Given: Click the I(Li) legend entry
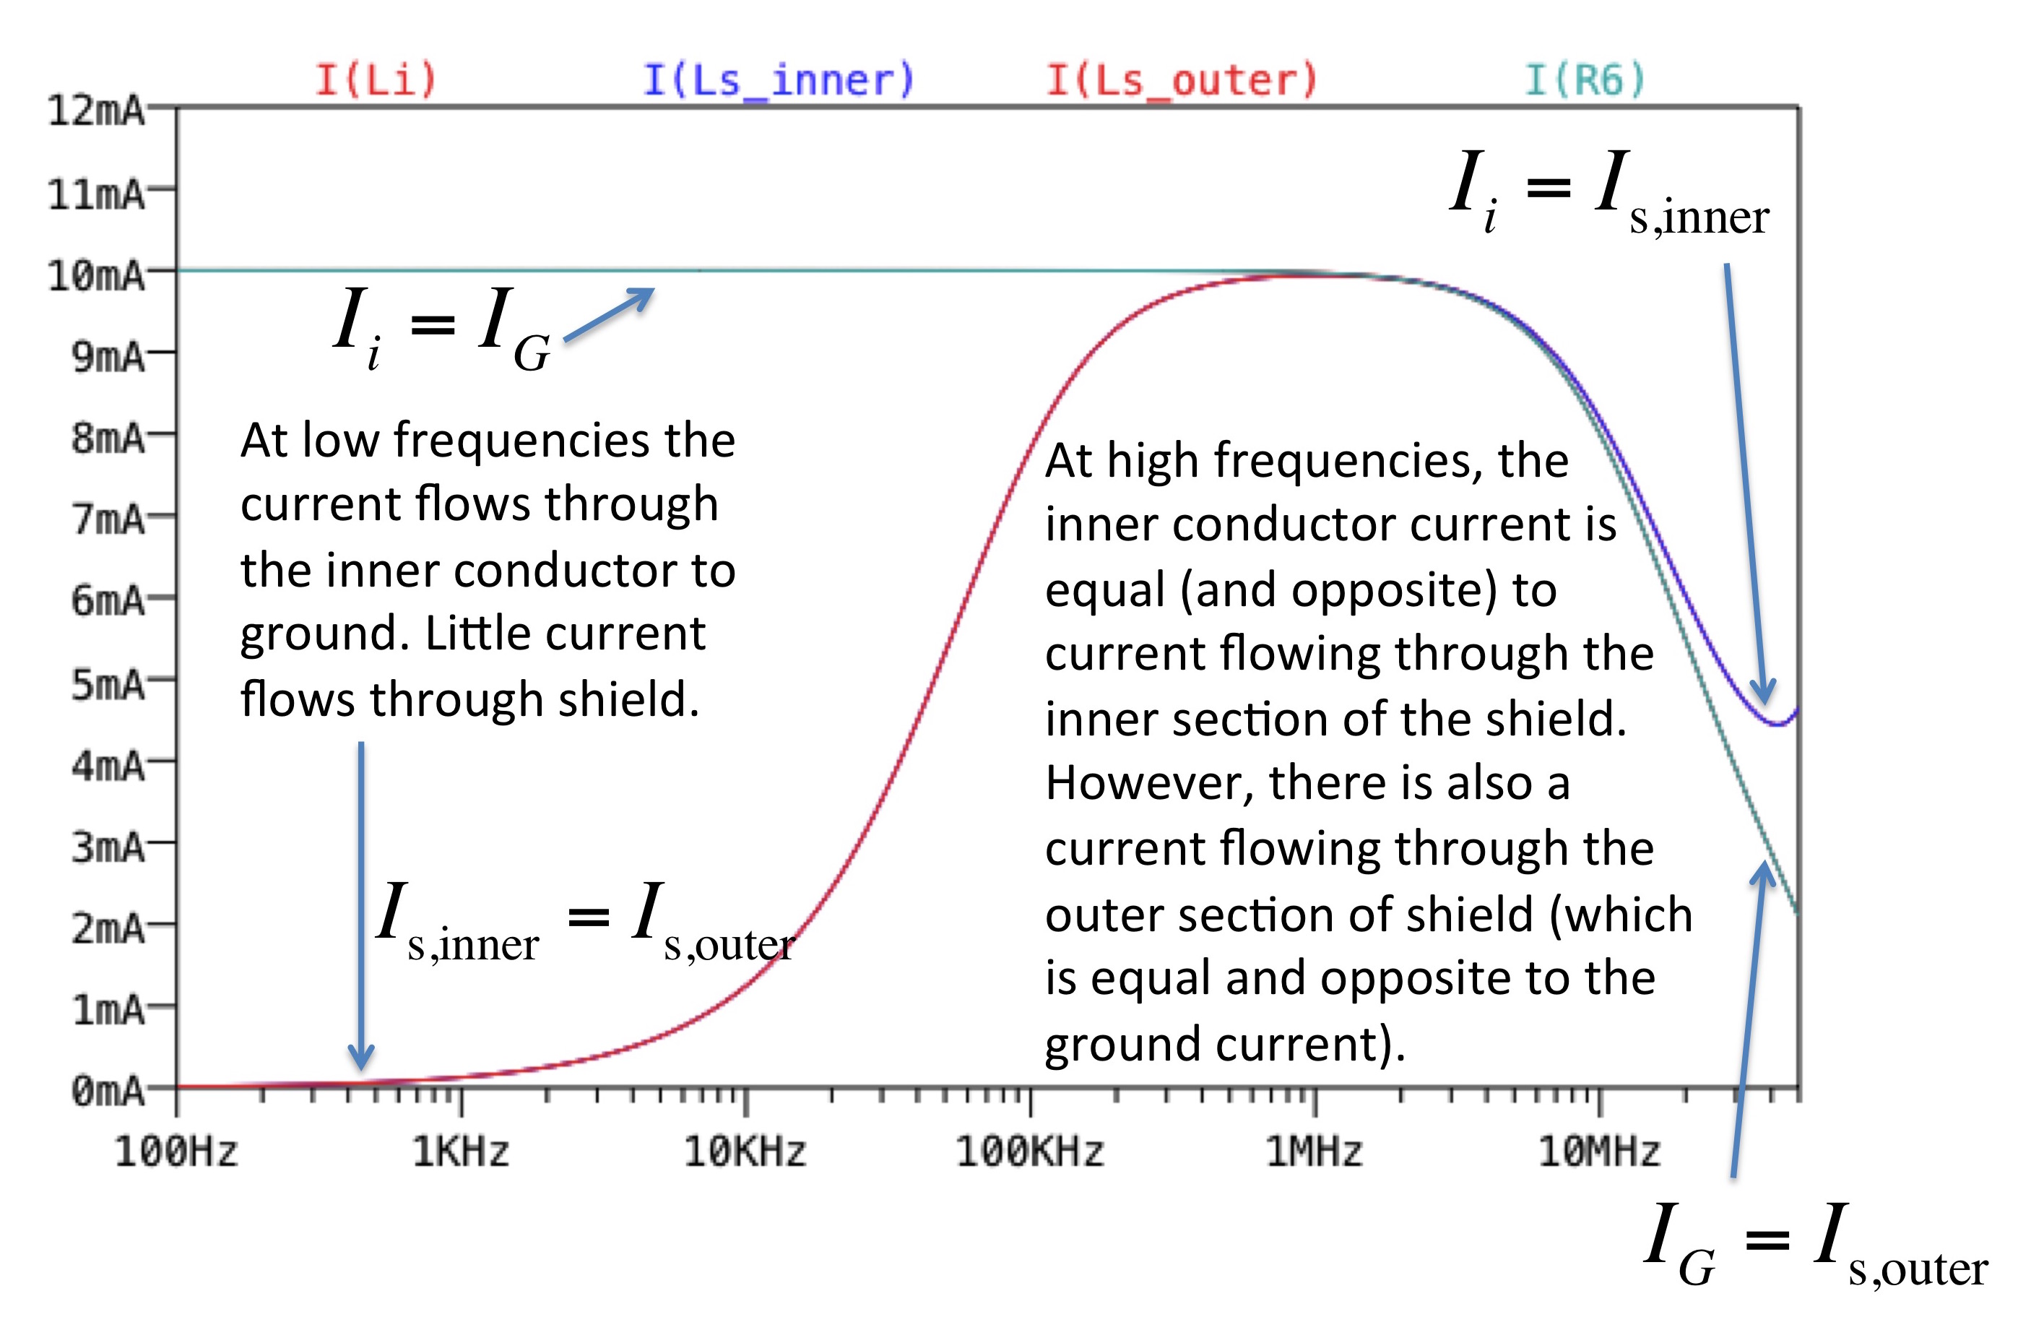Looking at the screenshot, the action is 376,79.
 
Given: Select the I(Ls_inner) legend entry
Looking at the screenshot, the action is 779,79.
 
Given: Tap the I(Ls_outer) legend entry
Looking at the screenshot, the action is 1182,79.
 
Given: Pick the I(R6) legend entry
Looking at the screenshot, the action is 1585,79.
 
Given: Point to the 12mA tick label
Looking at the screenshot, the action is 96,111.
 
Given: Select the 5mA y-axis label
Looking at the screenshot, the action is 108,684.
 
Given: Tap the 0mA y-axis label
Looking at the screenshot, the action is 108,1091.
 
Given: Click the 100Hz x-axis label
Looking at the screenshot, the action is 176,1151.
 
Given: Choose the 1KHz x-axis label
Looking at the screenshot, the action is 461,1151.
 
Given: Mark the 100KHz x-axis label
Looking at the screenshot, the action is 1029,1151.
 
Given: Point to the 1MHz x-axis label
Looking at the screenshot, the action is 1315,1151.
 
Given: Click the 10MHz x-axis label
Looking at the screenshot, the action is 1599,1151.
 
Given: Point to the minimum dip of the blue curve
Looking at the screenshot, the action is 1777,725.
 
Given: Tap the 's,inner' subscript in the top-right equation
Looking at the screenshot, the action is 1699,217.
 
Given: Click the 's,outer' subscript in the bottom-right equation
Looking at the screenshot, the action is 1918,1269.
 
